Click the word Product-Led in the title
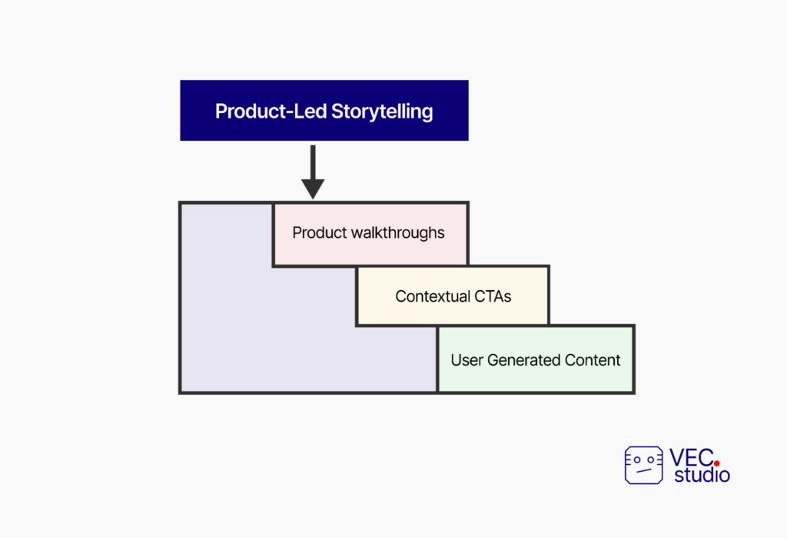[271, 111]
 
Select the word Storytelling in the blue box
[382, 112]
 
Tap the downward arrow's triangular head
[313, 189]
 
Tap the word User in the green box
[467, 360]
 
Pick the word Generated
[524, 360]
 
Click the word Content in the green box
[593, 360]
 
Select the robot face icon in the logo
[643, 465]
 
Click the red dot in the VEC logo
[717, 463]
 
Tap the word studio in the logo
[702, 475]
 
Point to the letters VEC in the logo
[692, 457]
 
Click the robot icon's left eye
[637, 459]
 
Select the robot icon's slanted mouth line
[644, 470]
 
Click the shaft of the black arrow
[313, 162]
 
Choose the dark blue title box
[324, 110]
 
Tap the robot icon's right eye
[650, 459]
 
